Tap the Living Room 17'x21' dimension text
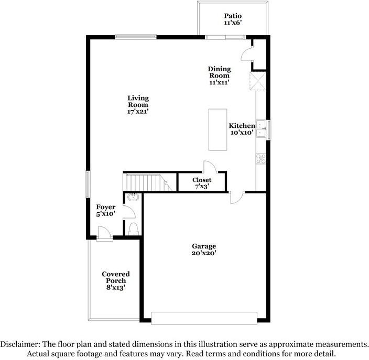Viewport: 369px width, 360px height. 138,112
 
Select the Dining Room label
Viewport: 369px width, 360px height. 219,72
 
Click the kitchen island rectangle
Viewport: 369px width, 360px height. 218,129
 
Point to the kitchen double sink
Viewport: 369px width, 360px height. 261,129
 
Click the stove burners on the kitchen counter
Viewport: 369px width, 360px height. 261,159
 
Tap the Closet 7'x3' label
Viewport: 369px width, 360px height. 202,183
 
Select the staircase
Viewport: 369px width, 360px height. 148,182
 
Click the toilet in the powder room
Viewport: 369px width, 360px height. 134,229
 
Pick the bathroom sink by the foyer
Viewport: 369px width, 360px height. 133,197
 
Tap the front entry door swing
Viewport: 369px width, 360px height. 104,233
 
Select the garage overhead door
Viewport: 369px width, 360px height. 204,318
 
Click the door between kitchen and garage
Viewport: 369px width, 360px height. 237,197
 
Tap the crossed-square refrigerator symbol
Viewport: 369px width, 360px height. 258,81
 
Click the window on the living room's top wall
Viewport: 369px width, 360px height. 136,37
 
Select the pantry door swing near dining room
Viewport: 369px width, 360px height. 247,54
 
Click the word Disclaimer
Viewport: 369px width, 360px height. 20,344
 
